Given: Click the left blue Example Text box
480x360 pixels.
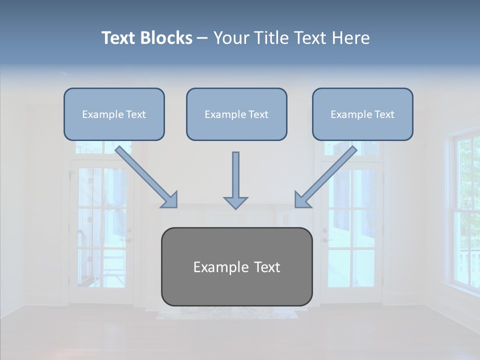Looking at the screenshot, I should tap(114, 114).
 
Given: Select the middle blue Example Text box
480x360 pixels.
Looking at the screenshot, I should tap(236, 114).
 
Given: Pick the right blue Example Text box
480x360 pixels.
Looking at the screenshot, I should tap(362, 114).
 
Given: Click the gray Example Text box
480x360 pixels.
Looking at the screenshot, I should tap(236, 266).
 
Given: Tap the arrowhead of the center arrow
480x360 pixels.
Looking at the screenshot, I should tap(235, 202).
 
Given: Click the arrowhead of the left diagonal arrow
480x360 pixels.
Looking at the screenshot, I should tap(170, 200).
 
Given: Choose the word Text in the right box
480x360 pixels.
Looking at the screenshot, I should tap(384, 114).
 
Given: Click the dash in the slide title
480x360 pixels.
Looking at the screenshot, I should tap(202, 38).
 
